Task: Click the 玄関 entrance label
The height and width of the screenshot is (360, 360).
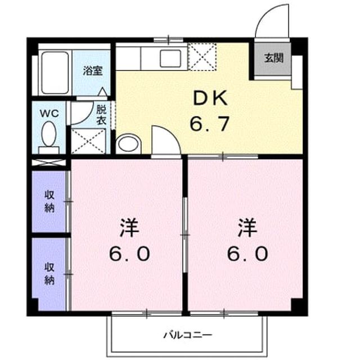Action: (274, 58)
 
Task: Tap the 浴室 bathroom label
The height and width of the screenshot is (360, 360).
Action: (93, 71)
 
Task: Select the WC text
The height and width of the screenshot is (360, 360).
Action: (49, 114)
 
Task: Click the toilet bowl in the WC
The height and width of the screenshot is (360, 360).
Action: (49, 134)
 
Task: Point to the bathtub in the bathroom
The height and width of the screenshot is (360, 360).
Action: (55, 73)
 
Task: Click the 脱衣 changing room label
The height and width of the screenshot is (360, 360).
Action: (101, 115)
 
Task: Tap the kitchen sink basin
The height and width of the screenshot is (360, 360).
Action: (170, 58)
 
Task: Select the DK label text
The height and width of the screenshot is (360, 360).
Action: (210, 98)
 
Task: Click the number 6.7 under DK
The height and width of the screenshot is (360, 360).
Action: (210, 124)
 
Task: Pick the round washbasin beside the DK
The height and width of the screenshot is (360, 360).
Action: (128, 144)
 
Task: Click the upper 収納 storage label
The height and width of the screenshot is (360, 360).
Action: (49, 201)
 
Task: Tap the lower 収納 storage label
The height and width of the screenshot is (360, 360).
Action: (49, 273)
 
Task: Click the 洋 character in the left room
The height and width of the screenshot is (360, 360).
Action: (129, 228)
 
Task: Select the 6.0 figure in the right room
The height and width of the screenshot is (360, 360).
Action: (247, 254)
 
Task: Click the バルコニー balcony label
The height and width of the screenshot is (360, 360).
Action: (187, 335)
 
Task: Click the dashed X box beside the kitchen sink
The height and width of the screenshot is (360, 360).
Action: (202, 56)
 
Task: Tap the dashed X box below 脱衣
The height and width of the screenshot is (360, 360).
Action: (88, 141)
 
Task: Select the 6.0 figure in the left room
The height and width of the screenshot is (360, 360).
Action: (129, 254)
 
